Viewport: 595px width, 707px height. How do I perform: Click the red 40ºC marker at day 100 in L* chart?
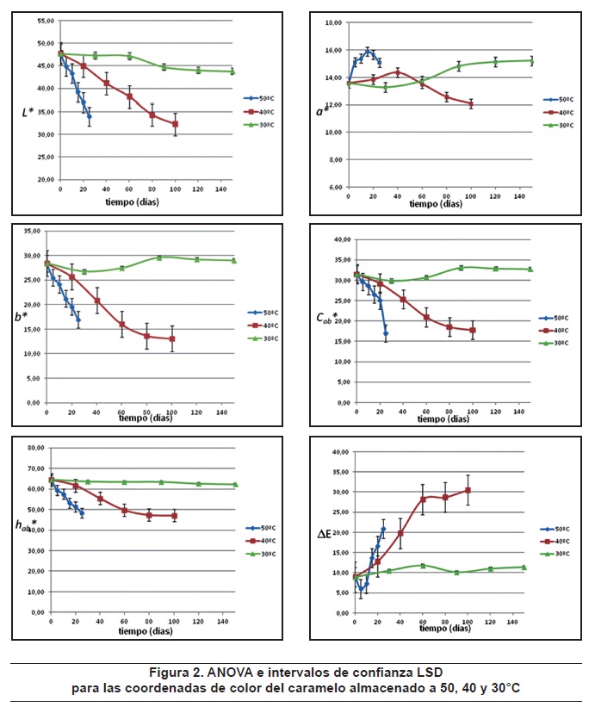175,124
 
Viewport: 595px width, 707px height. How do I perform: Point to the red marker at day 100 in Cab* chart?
472,330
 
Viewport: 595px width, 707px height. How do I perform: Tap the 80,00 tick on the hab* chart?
36,448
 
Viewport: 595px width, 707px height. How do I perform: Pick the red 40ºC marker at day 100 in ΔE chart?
468,490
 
